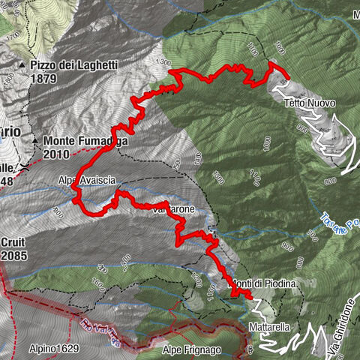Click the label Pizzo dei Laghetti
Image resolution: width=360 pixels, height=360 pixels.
click(x=74, y=66)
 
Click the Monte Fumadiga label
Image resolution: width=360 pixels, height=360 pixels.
click(x=85, y=140)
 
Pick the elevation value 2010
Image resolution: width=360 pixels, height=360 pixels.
click(x=57, y=153)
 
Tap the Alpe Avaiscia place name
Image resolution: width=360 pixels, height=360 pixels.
click(x=87, y=180)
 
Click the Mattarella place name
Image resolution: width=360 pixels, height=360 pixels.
click(x=268, y=328)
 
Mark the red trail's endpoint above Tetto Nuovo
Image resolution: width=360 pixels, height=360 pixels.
click(x=287, y=75)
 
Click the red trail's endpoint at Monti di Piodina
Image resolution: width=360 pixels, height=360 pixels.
click(x=250, y=297)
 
